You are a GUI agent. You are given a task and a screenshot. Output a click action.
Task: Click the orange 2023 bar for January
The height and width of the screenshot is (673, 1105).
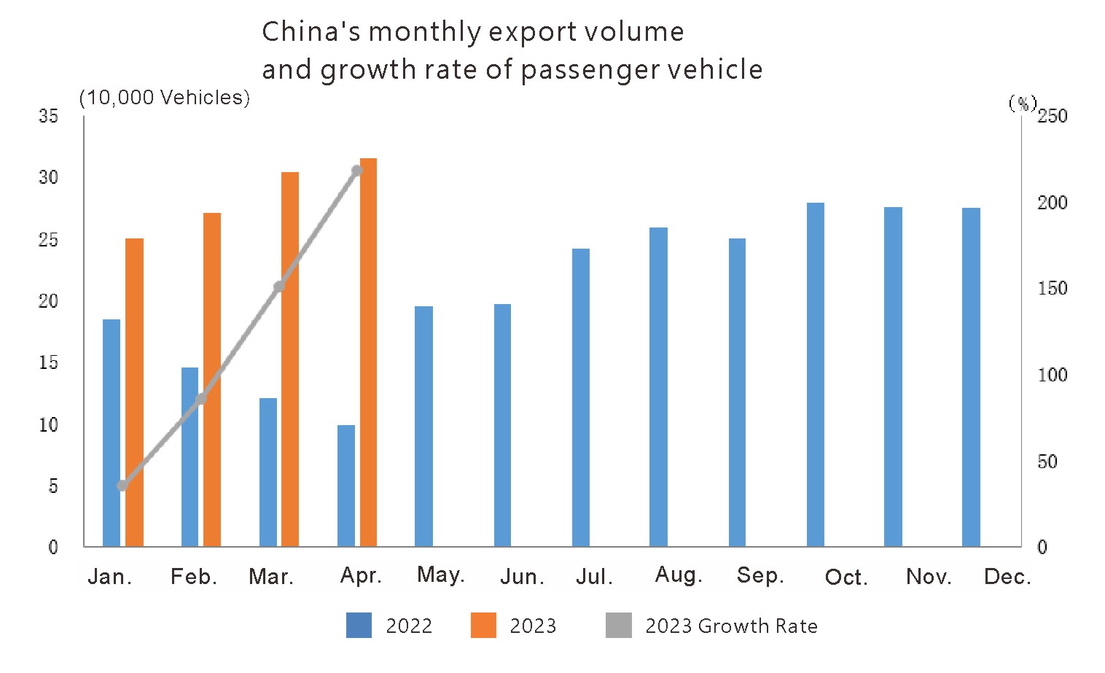134,392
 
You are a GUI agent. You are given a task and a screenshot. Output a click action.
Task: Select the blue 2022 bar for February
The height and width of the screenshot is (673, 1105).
190,456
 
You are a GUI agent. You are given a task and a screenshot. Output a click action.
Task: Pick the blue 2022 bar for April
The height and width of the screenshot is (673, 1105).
346,486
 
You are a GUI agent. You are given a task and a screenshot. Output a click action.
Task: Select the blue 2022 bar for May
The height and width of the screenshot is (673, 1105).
424,427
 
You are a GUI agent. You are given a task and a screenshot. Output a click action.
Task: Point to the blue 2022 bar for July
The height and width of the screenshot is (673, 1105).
581,397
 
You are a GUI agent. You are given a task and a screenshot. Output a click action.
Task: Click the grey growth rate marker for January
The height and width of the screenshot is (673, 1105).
122,486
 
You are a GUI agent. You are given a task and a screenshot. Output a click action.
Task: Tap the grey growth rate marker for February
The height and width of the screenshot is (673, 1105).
201,400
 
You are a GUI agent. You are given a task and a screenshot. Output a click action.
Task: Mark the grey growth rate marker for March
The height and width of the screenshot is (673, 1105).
279,287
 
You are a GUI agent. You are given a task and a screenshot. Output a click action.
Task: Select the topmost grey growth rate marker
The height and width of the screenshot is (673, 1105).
357,171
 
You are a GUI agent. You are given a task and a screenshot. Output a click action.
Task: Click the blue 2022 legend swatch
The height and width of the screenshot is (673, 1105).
359,626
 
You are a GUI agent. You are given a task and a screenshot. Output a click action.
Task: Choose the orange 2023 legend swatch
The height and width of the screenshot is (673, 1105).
483,626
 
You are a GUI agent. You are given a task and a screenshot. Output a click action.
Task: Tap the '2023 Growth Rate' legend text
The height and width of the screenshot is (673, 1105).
731,626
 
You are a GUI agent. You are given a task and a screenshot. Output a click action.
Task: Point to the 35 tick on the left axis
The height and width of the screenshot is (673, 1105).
48,116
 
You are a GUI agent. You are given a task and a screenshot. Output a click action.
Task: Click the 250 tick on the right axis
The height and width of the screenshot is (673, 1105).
1052,116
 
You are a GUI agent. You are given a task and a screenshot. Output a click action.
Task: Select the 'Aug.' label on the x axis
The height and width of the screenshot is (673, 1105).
679,575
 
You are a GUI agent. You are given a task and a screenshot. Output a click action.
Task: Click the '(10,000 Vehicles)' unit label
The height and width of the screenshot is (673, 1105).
165,98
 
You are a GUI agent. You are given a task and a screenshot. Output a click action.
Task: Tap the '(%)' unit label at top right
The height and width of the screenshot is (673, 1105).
1022,103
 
